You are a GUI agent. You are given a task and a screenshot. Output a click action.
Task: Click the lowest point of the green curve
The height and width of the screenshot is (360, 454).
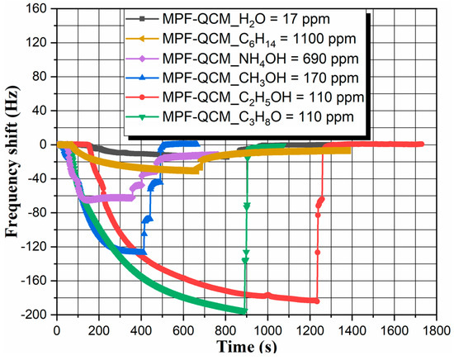coord(244,311)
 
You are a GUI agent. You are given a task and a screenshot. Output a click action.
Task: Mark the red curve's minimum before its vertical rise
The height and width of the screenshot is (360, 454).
coord(315,301)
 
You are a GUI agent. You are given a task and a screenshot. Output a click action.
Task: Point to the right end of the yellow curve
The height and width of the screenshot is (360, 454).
coord(348,149)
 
